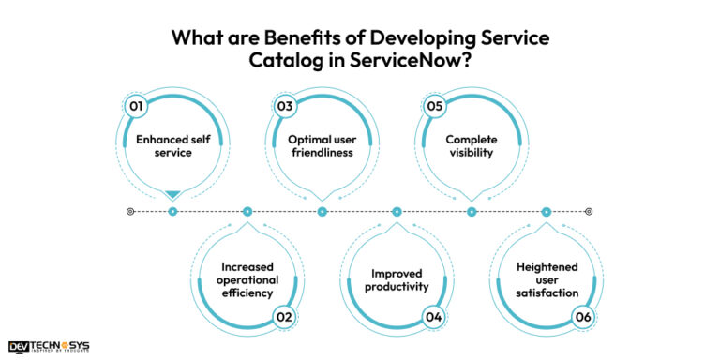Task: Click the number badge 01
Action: pos(136,106)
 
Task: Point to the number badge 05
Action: pos(435,106)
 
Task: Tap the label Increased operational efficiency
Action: pos(247,279)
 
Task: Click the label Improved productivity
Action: pos(397,279)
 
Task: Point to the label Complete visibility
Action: pos(472,146)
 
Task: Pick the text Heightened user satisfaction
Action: pos(547,279)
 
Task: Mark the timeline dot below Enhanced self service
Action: pos(172,212)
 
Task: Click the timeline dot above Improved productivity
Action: pos(397,212)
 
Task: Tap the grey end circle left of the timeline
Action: pos(130,212)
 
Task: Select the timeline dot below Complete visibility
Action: pos(472,212)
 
